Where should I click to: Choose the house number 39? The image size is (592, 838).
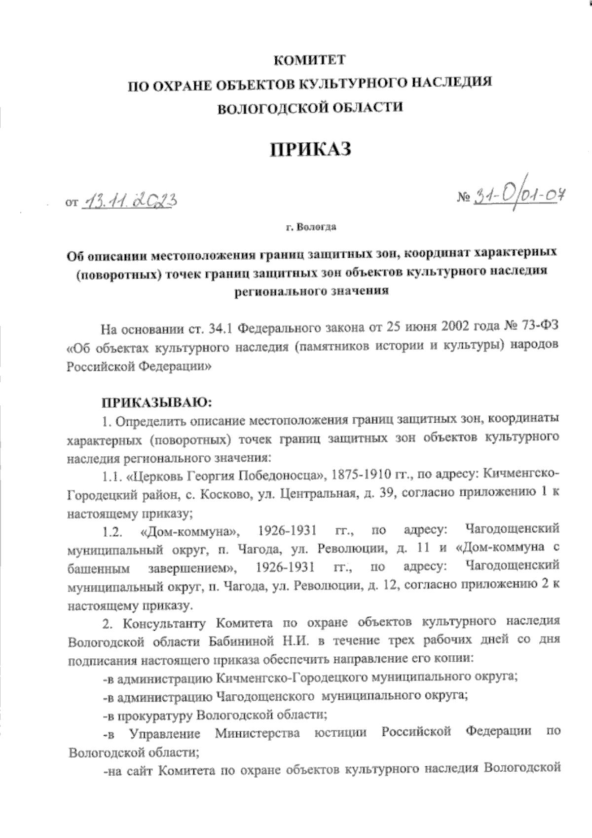385,495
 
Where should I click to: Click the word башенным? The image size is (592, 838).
99,568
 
